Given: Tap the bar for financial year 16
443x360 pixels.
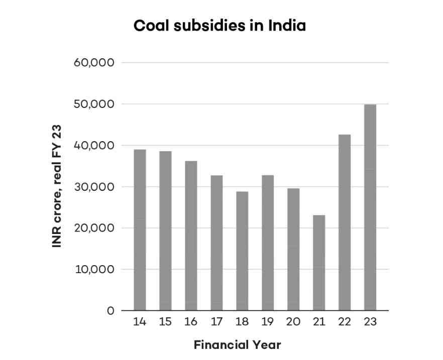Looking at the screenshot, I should tap(191, 236).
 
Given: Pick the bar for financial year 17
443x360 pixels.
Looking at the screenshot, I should tap(216, 243).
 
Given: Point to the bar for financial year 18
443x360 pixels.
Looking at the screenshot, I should tap(242, 251).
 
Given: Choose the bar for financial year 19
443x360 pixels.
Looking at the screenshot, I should tap(268, 243).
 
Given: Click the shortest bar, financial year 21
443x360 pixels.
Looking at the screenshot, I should tap(319, 263).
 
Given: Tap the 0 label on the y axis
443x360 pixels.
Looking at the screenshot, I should tap(110, 311).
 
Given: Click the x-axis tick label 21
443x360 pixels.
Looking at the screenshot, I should tap(319, 322).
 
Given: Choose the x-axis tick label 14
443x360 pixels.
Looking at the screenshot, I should tap(140, 322).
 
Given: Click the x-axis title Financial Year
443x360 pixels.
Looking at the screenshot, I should tap(237, 345).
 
